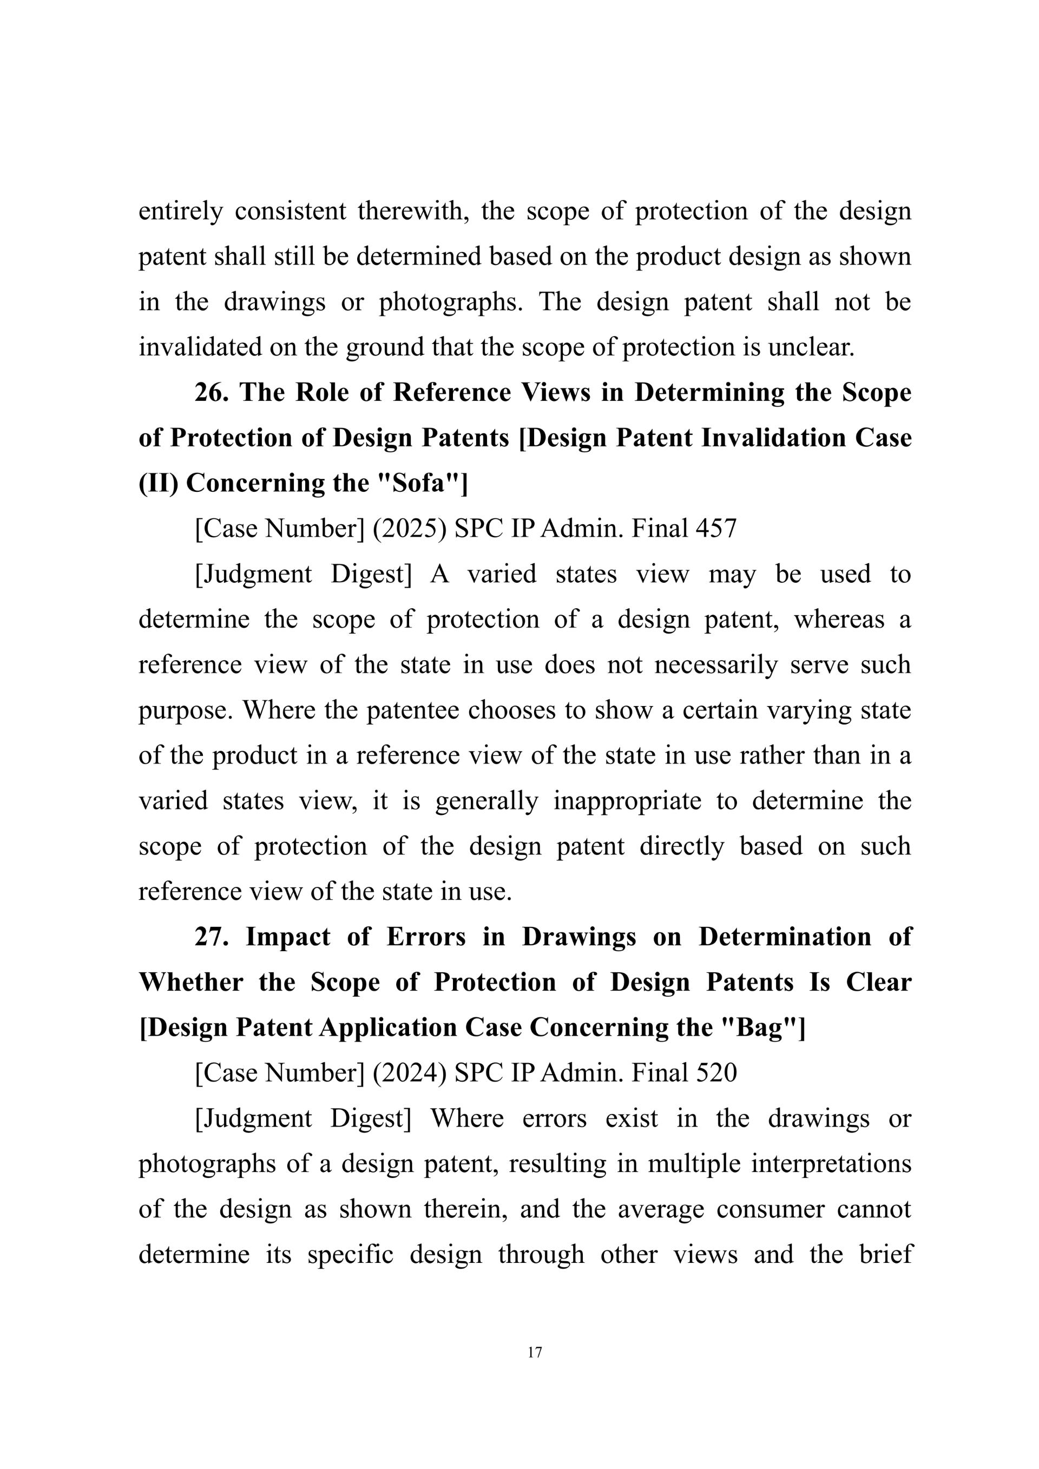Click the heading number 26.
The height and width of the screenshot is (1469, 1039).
click(x=211, y=392)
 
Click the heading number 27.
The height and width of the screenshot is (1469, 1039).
click(x=211, y=937)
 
